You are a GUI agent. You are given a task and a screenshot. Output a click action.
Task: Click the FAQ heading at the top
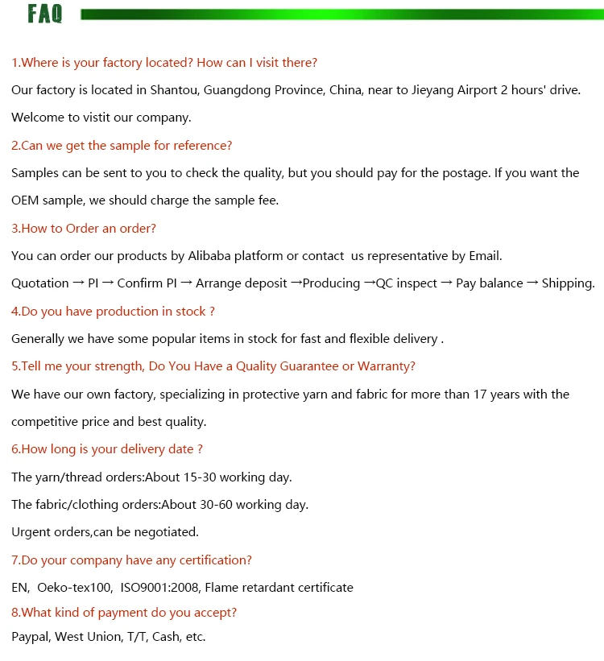point(44,14)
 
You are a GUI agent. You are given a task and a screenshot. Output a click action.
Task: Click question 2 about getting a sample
point(122,146)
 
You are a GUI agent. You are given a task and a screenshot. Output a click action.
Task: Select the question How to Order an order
point(84,229)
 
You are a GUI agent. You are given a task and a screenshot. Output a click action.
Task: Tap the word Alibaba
point(210,256)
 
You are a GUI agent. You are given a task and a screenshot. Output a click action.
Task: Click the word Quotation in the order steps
point(39,283)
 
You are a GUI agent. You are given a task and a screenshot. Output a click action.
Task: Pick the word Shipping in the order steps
point(568,283)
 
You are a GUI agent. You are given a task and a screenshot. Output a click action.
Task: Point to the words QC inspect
point(406,283)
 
